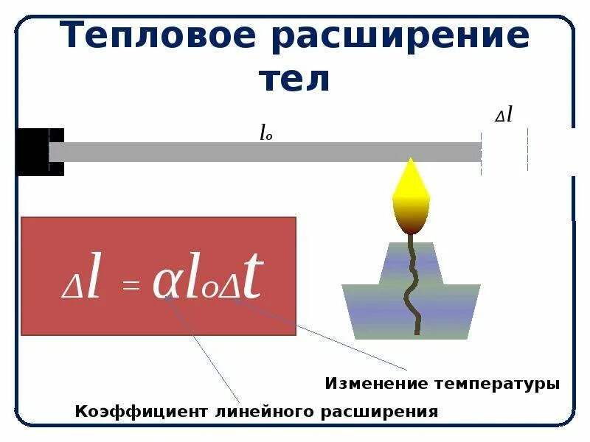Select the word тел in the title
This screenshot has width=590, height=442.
pos(294,79)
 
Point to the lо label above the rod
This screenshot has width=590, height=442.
pos(265,133)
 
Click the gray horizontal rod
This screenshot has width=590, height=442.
pos(265,152)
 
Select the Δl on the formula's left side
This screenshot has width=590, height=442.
pos(81,284)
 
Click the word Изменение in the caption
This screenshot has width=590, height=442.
pos(376,384)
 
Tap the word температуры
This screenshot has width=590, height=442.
pos(496,384)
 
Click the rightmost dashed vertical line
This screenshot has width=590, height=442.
pos(527,150)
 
